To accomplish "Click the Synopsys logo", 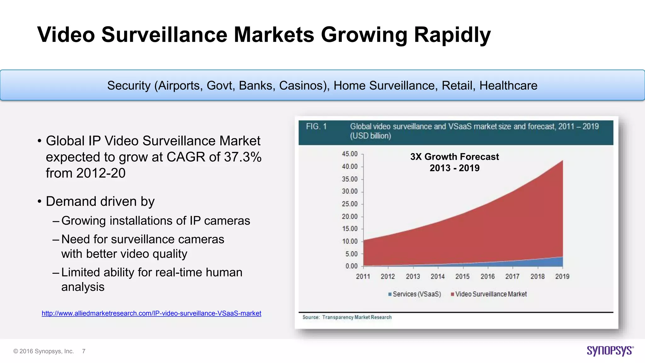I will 610,351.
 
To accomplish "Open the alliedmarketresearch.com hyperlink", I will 151,313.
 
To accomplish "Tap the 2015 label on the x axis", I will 462,276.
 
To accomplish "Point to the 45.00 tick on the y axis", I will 350,154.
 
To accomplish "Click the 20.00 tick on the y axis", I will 350,216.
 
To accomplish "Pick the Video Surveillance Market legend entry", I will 489,294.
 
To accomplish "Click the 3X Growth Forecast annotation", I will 454,157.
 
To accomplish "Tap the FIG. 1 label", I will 316,126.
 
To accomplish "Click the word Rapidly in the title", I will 452,35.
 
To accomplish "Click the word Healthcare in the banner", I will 508,86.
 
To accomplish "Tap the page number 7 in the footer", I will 84,351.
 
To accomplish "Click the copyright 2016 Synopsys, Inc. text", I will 43,351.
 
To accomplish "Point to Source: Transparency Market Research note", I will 347,317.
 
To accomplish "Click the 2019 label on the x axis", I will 562,276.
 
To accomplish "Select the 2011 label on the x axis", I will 363,276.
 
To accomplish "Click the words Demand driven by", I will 100,201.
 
